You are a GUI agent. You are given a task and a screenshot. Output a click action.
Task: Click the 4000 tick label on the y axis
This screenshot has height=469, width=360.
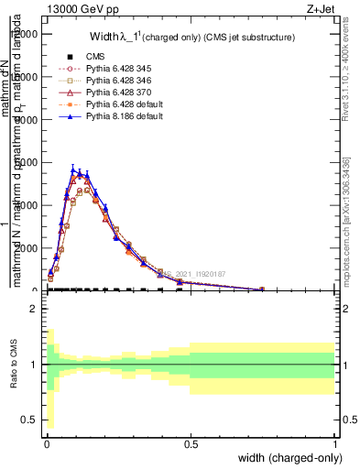pyautogui.click(x=27, y=163)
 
